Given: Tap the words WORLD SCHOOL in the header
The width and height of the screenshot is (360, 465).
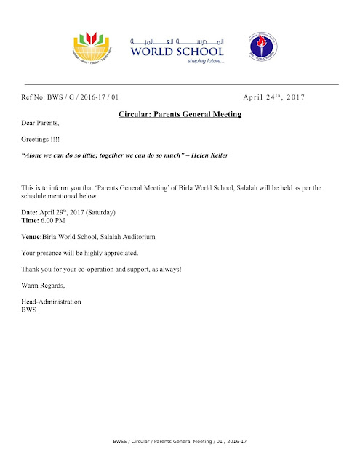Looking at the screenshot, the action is [177, 51].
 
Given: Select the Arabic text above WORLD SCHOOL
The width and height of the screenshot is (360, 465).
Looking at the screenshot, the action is [177, 39].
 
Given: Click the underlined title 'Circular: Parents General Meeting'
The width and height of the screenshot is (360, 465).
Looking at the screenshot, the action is [179, 115].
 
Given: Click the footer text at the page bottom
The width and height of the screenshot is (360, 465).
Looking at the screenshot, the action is [179, 442].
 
